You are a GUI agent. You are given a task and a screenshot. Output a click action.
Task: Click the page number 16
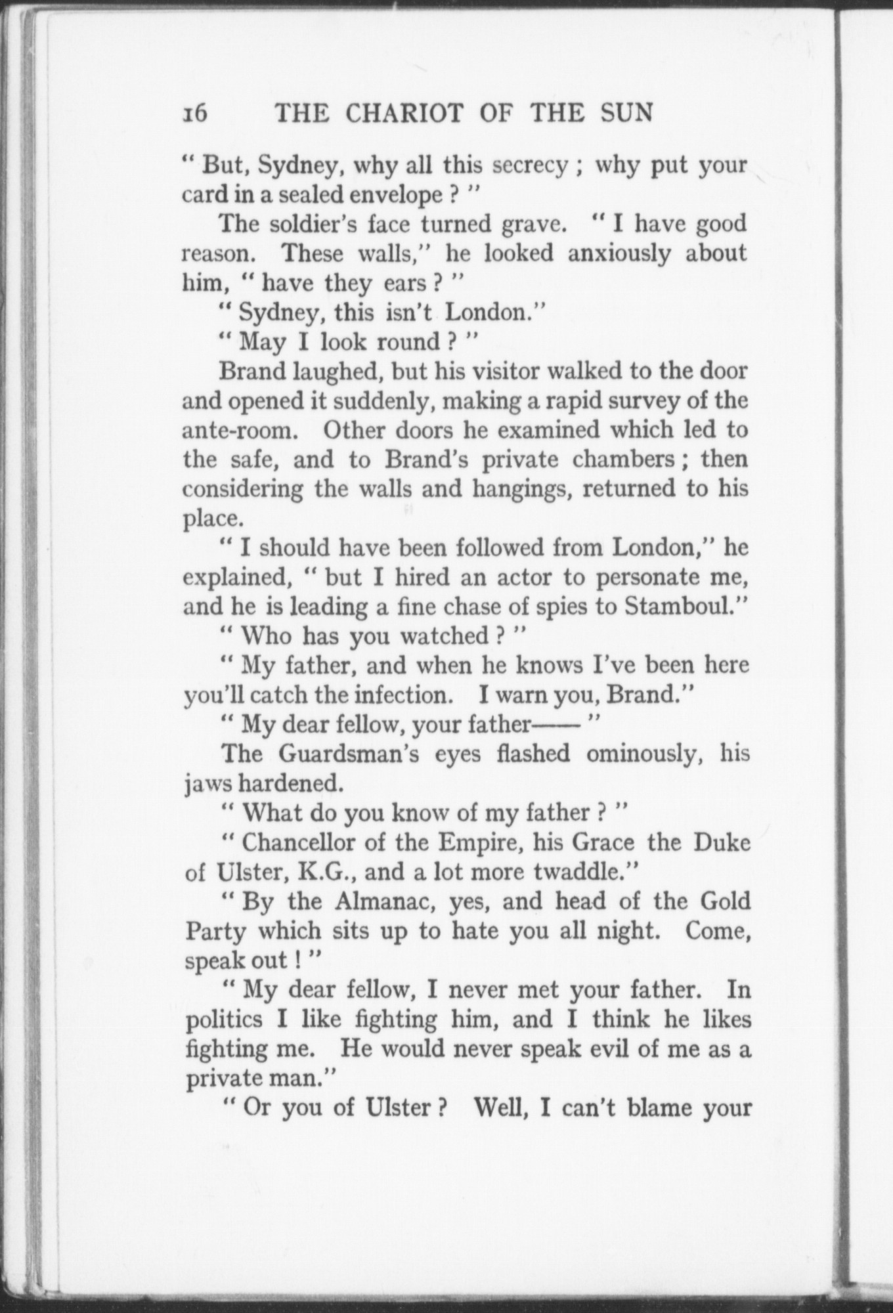(195, 114)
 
